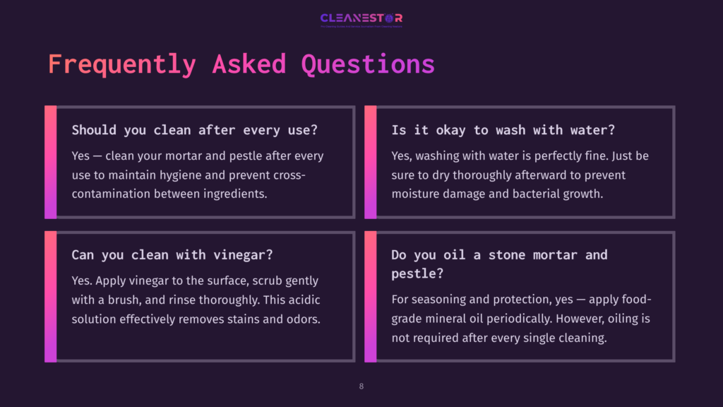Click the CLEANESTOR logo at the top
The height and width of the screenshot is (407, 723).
tap(361, 18)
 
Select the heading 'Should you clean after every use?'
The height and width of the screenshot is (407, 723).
tap(194, 130)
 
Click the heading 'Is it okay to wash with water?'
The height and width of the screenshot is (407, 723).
tap(503, 130)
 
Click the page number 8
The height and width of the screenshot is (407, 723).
tap(361, 387)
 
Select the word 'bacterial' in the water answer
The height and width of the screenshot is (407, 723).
tap(523, 193)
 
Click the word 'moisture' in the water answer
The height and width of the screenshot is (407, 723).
tap(417, 193)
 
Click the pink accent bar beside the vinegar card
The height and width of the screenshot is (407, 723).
tap(50, 297)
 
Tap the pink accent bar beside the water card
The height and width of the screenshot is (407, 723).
tap(370, 162)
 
